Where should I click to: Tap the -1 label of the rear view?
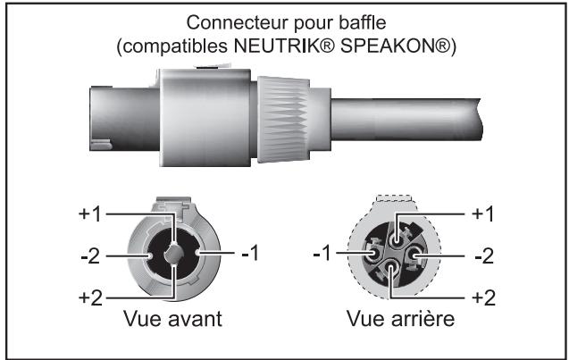323,255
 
